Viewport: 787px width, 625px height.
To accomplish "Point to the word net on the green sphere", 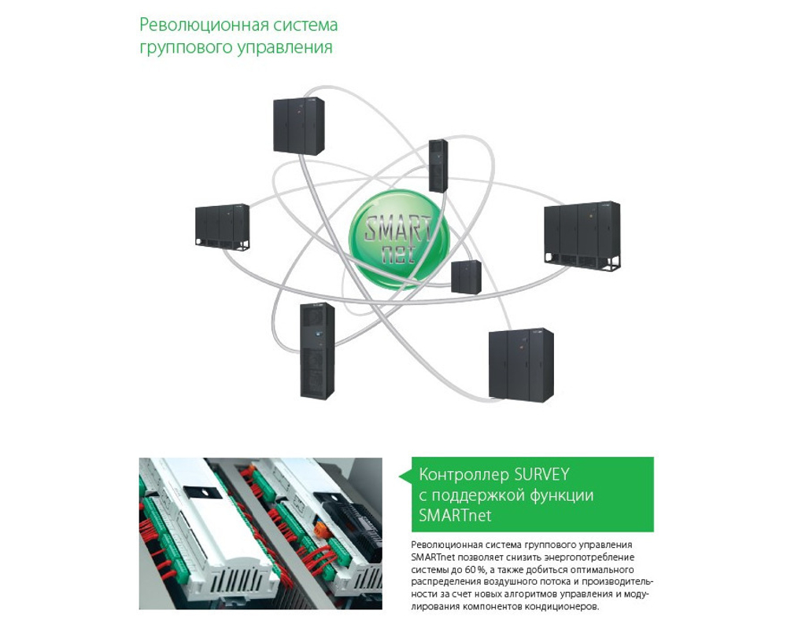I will (401, 254).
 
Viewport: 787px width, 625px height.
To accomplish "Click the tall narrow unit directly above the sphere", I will (438, 165).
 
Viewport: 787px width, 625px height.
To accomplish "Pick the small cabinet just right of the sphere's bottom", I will (466, 276).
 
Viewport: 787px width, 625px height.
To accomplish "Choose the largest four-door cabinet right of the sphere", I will (582, 235).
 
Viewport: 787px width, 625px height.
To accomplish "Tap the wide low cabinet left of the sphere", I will (222, 226).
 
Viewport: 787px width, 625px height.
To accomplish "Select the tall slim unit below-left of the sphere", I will (316, 350).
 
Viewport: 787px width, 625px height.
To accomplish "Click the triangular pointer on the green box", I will (405, 476).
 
